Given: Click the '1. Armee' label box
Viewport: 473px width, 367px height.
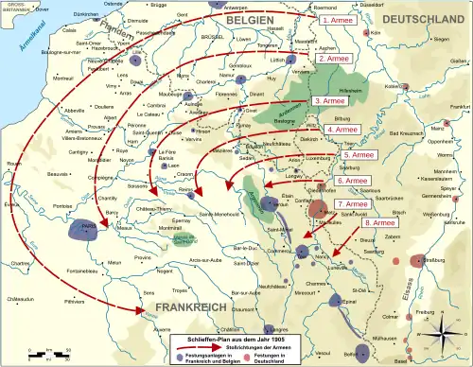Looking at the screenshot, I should [339, 19].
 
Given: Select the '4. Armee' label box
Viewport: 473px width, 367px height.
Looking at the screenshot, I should [342, 130].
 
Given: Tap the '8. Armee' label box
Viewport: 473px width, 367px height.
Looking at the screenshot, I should [376, 223].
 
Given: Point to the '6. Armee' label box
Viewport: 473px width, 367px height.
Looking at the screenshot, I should [353, 180].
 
